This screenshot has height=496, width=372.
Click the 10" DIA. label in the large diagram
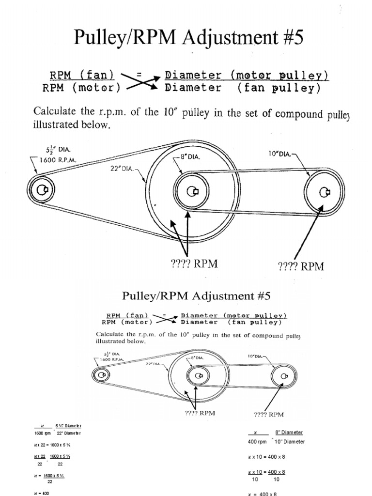(280, 155)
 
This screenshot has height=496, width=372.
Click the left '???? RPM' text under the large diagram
(194, 263)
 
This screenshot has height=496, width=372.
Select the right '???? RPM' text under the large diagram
(300, 266)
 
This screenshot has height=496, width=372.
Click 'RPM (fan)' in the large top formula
(81, 75)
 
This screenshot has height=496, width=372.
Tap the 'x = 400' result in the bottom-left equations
(43, 493)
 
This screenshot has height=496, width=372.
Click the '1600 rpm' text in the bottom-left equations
(37, 433)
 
